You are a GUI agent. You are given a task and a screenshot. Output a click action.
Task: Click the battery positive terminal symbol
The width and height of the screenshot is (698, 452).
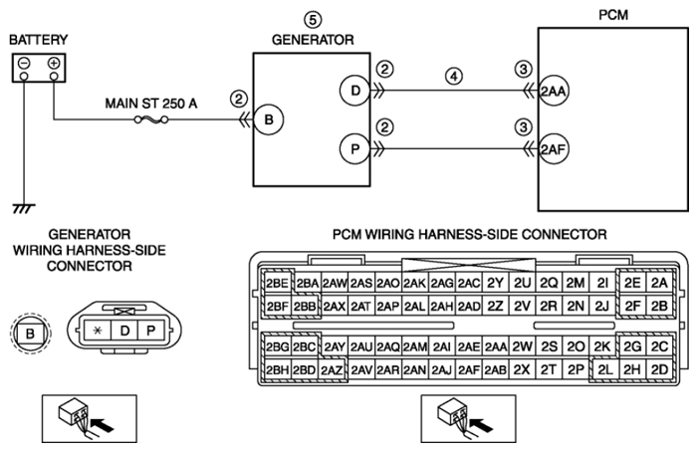click(54, 63)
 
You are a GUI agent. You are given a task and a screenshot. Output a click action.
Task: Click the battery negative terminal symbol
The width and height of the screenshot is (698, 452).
click(24, 63)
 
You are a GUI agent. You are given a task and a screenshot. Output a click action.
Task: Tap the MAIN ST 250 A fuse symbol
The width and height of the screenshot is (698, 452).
click(151, 119)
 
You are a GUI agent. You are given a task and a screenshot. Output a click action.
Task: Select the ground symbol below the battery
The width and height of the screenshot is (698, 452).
click(24, 209)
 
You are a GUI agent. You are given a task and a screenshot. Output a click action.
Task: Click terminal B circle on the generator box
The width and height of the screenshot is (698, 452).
click(269, 119)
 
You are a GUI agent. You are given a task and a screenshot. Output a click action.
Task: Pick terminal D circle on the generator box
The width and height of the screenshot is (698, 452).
click(354, 91)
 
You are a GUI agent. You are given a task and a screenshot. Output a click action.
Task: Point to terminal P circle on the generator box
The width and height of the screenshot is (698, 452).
click(354, 149)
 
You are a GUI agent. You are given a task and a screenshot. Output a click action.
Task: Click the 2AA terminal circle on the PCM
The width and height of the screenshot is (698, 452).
click(553, 91)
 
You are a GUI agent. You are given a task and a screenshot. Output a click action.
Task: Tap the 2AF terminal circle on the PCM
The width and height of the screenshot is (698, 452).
click(553, 149)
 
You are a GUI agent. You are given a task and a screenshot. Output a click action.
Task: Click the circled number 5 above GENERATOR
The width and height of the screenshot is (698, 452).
click(313, 20)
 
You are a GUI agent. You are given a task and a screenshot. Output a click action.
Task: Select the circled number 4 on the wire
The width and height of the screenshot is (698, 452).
click(454, 76)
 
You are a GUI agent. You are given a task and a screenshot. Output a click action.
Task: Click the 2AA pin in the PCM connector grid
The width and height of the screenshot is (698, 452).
click(496, 346)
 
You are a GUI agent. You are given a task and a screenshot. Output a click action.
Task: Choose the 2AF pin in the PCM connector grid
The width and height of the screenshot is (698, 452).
click(469, 369)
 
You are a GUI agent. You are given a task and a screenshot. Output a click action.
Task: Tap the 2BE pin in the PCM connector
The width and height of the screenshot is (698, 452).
click(277, 283)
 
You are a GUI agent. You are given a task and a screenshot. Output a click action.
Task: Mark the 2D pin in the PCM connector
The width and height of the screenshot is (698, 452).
click(659, 369)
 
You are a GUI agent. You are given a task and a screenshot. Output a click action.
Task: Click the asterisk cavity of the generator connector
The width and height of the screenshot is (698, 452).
click(98, 331)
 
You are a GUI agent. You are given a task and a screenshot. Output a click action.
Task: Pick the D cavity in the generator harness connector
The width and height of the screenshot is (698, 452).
click(124, 331)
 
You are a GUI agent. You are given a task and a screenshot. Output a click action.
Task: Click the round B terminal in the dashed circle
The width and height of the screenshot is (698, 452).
click(30, 333)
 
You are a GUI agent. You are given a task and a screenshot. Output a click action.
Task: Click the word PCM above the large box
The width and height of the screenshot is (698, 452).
click(613, 15)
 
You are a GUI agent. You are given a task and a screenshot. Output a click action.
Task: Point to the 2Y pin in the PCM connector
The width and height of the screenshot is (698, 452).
click(495, 283)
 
